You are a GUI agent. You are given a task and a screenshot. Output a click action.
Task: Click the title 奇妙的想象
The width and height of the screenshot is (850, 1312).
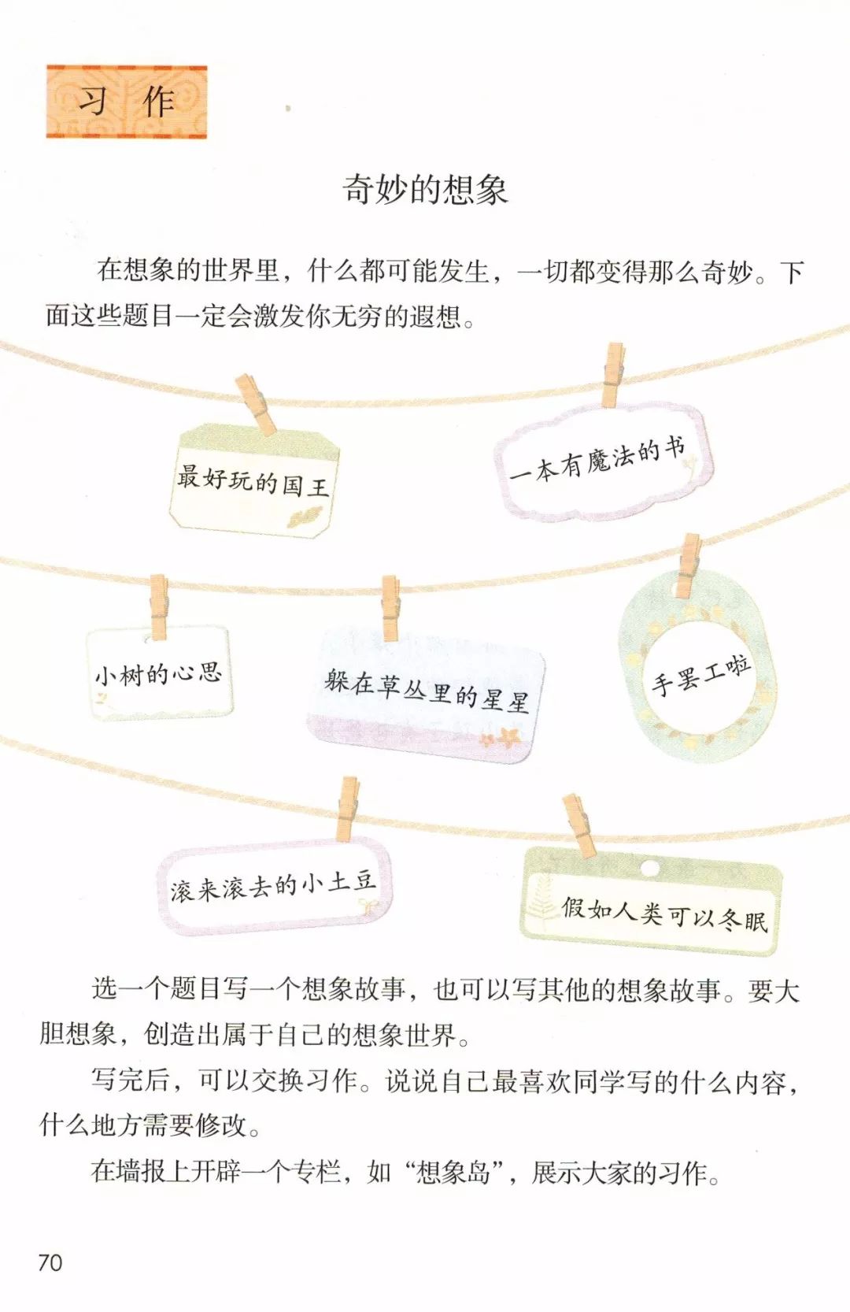pyautogui.click(x=425, y=190)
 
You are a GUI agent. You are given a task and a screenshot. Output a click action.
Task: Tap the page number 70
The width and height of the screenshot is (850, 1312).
pyautogui.click(x=50, y=1262)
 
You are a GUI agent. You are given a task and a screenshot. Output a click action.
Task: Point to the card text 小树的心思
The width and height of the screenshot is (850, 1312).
pyautogui.click(x=158, y=674)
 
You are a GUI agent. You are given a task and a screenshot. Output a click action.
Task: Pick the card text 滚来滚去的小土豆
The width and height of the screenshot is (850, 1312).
pyautogui.click(x=272, y=885)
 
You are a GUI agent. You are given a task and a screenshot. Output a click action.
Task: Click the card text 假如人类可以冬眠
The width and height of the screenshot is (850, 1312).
pyautogui.click(x=664, y=914)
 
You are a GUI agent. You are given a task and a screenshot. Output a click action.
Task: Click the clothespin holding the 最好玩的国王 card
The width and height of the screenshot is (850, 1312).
pyautogui.click(x=257, y=403)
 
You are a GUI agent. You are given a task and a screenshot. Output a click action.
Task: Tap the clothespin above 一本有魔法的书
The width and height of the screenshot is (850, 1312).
pyautogui.click(x=613, y=374)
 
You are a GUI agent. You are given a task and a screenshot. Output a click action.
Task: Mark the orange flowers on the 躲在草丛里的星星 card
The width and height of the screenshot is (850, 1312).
pyautogui.click(x=501, y=739)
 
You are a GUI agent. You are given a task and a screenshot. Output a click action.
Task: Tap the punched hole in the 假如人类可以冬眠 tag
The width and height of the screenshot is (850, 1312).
pyautogui.click(x=650, y=868)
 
